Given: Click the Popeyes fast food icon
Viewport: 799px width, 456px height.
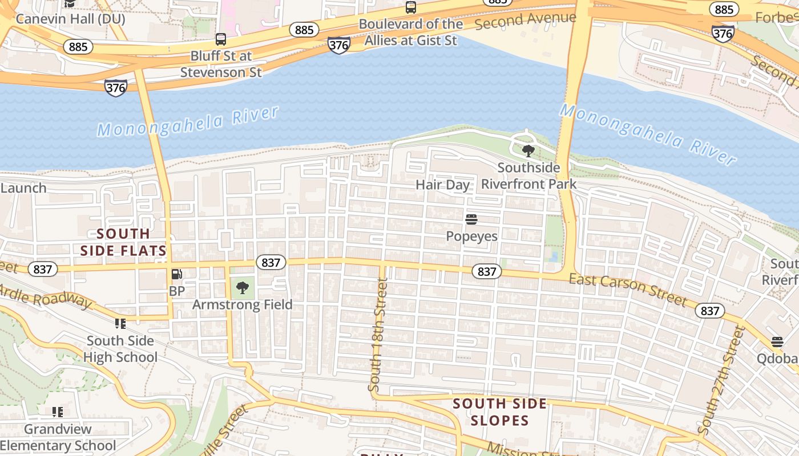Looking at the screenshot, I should pyautogui.click(x=471, y=219).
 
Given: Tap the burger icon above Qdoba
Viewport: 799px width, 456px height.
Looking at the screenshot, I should pyautogui.click(x=777, y=342).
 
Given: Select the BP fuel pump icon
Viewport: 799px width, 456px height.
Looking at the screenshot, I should pyautogui.click(x=177, y=275).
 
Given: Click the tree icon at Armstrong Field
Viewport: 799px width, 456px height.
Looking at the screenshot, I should pyautogui.click(x=243, y=288).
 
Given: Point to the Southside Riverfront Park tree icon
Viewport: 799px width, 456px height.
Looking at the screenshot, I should pyautogui.click(x=528, y=151).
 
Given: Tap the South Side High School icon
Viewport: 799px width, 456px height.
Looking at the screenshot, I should pyautogui.click(x=120, y=324).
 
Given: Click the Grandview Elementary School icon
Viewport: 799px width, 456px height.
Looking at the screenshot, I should pyautogui.click(x=57, y=412).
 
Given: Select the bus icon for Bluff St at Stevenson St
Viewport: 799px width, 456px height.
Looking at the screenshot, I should pyautogui.click(x=221, y=39).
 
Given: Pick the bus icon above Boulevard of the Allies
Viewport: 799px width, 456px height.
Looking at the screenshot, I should pyautogui.click(x=411, y=7).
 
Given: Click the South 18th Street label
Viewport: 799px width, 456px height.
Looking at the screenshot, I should pyautogui.click(x=378, y=333).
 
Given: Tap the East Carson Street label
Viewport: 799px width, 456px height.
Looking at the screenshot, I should pyautogui.click(x=628, y=289).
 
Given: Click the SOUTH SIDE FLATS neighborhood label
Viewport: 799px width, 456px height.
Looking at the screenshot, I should pyautogui.click(x=123, y=242).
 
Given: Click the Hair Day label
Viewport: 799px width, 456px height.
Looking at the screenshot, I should pyautogui.click(x=442, y=185).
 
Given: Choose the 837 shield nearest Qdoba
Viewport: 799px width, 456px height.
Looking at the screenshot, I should pyautogui.click(x=710, y=311).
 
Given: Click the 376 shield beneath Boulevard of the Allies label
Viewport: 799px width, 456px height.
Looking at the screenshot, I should pyautogui.click(x=339, y=46).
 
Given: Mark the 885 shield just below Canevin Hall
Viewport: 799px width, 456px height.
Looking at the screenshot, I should pyautogui.click(x=78, y=47).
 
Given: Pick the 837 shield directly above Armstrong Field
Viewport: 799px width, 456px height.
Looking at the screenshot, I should pyautogui.click(x=271, y=262).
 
